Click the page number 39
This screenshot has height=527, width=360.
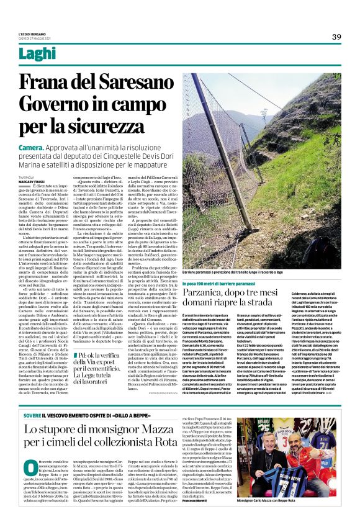(336, 37)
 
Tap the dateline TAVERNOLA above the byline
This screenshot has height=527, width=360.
(27, 176)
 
